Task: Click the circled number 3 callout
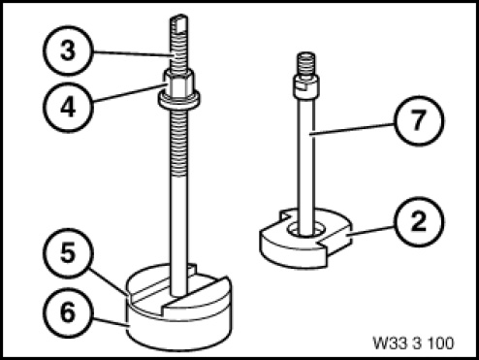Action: click(68, 50)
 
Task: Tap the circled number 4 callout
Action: click(68, 108)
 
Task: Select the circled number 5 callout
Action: click(68, 253)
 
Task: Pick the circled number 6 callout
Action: click(68, 312)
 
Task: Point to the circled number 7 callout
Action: click(419, 121)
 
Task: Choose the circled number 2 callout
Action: click(419, 222)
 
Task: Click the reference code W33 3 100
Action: click(414, 343)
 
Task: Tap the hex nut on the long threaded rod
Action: click(178, 82)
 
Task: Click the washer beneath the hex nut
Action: click(178, 100)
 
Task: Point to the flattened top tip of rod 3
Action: click(178, 22)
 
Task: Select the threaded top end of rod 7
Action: click(305, 64)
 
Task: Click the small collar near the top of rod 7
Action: click(305, 86)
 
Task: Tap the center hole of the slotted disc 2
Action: click(305, 230)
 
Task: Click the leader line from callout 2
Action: click(371, 231)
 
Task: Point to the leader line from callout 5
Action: click(110, 282)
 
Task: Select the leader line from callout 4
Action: click(130, 93)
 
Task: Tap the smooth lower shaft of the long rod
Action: click(178, 236)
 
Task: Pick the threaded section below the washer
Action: click(178, 143)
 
